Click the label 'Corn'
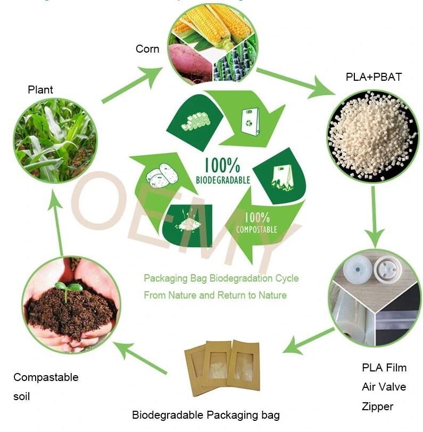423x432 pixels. click(147, 49)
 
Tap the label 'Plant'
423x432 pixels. click(40, 90)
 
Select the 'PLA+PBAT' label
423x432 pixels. click(374, 77)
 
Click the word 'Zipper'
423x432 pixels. click(377, 406)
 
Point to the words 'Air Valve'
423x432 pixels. click(384, 387)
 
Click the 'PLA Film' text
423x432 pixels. click(384, 368)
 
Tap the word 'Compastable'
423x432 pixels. click(46, 377)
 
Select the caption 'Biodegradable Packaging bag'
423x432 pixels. click(205, 415)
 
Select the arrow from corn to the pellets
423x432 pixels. click(295, 82)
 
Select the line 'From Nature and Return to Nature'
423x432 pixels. click(215, 295)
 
